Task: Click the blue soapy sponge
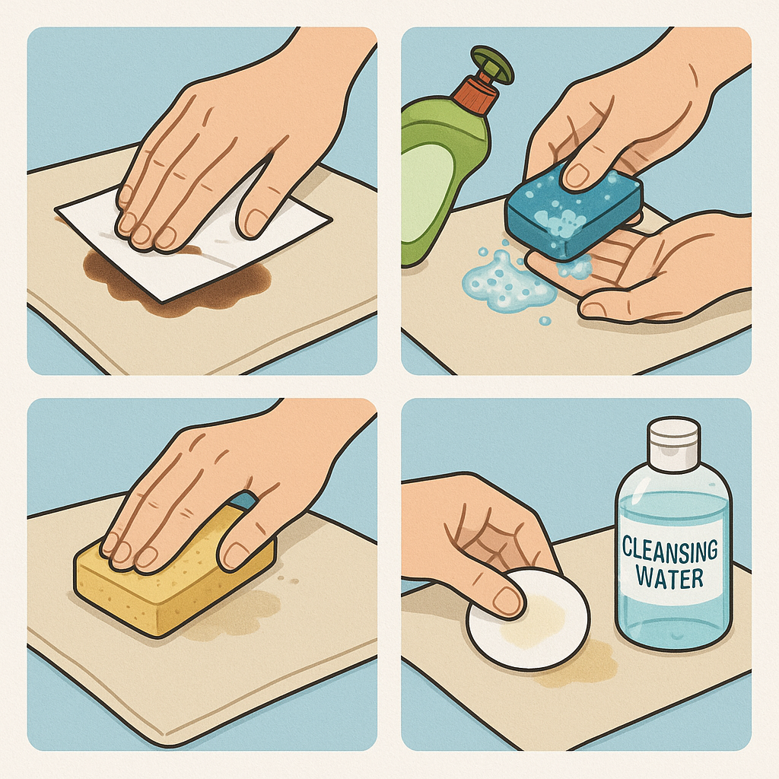tap(571, 214)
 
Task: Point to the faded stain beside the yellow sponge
tap(238, 616)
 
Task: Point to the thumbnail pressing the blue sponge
tap(577, 173)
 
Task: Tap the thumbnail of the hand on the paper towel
tap(259, 221)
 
